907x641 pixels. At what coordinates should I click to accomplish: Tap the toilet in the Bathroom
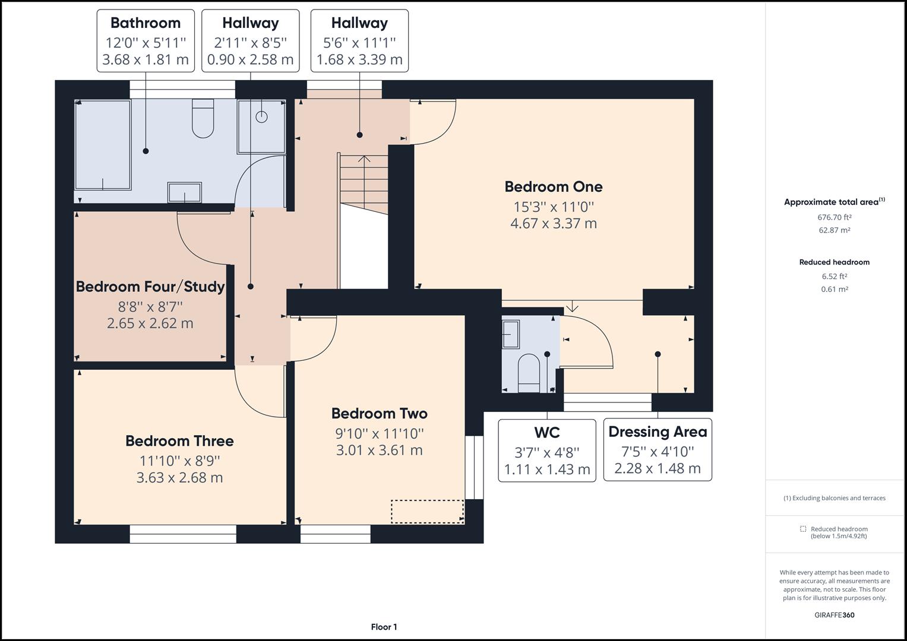click(203, 118)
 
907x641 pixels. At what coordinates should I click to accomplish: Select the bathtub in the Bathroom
click(103, 145)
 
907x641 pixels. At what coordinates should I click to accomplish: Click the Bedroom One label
click(553, 186)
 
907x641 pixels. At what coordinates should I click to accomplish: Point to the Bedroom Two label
click(380, 413)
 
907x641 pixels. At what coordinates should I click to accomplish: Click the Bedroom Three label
click(179, 440)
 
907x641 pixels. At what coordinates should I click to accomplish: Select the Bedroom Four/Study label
click(150, 287)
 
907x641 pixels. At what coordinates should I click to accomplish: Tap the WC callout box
click(547, 450)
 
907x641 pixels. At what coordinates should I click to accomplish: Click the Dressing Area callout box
click(658, 450)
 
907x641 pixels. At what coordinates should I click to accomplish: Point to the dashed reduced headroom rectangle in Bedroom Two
click(427, 512)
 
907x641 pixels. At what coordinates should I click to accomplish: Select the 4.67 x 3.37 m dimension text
click(554, 223)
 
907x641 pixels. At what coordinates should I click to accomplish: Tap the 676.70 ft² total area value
click(834, 217)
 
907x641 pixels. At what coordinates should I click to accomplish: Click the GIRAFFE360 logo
click(834, 615)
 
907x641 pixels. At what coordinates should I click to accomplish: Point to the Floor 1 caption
click(384, 627)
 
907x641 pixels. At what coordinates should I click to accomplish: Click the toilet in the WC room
click(529, 373)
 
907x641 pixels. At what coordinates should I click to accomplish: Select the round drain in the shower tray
click(261, 117)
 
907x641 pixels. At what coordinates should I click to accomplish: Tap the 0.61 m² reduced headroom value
click(834, 290)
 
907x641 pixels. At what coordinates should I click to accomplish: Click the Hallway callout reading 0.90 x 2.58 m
click(250, 41)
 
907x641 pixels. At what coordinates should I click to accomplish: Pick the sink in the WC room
click(511, 334)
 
